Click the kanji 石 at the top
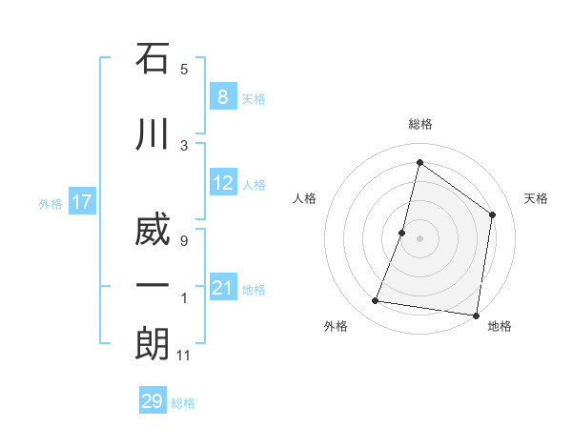(153, 59)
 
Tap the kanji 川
(153, 136)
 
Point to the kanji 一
(153, 287)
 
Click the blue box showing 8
(222, 97)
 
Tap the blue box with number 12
(223, 184)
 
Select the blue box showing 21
(223, 289)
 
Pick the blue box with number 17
(82, 202)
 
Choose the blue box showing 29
(153, 401)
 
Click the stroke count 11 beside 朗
(184, 356)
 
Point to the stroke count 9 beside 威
(184, 240)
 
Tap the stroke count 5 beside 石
(184, 69)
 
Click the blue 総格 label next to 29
(183, 403)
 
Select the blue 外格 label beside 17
(51, 203)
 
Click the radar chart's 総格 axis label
(419, 124)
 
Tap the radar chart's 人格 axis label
(304, 198)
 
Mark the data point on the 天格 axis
(493, 214)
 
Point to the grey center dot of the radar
(419, 238)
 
